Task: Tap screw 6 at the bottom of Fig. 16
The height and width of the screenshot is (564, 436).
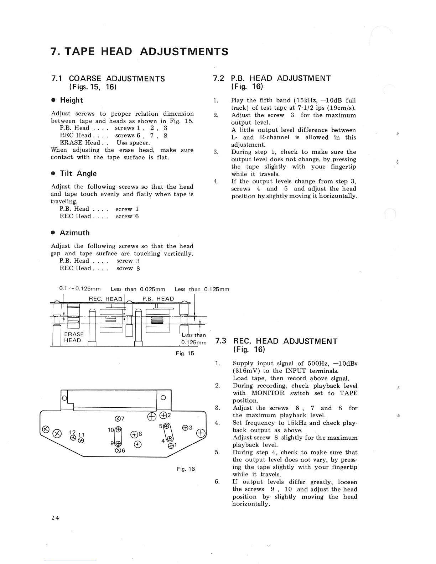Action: pyautogui.click(x=117, y=450)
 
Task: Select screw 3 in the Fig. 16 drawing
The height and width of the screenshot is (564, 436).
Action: pyautogui.click(x=185, y=428)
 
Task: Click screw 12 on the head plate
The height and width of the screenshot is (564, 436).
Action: pyautogui.click(x=73, y=438)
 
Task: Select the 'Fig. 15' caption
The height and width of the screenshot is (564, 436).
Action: pyautogui.click(x=185, y=354)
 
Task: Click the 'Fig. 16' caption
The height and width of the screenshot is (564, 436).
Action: pyautogui.click(x=186, y=469)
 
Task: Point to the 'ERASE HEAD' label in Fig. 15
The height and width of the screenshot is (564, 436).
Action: pyautogui.click(x=74, y=337)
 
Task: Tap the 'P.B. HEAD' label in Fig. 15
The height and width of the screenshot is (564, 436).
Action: pyautogui.click(x=158, y=299)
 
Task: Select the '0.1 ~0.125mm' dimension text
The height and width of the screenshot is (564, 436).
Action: pyautogui.click(x=80, y=289)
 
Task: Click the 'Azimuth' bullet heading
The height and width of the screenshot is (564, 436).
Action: pyautogui.click(x=74, y=233)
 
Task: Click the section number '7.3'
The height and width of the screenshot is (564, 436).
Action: pyautogui.click(x=221, y=341)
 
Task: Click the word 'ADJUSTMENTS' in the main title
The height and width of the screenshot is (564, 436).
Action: pyautogui.click(x=184, y=52)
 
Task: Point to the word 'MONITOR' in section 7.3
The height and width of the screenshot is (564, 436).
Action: pyautogui.click(x=268, y=393)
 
